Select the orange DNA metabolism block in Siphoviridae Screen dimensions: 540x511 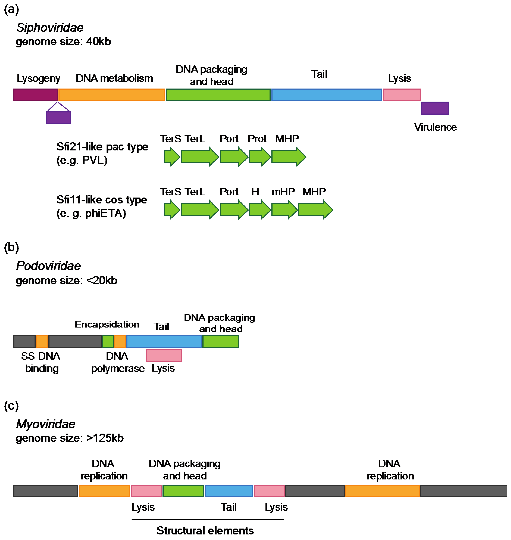(x=111, y=95)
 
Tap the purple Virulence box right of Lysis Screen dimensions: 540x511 (x=435, y=108)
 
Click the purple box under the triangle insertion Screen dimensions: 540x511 (x=59, y=118)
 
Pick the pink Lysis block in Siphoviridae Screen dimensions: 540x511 (x=402, y=95)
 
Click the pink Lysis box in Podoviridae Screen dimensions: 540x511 (x=164, y=356)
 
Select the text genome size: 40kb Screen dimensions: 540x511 (x=63, y=42)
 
